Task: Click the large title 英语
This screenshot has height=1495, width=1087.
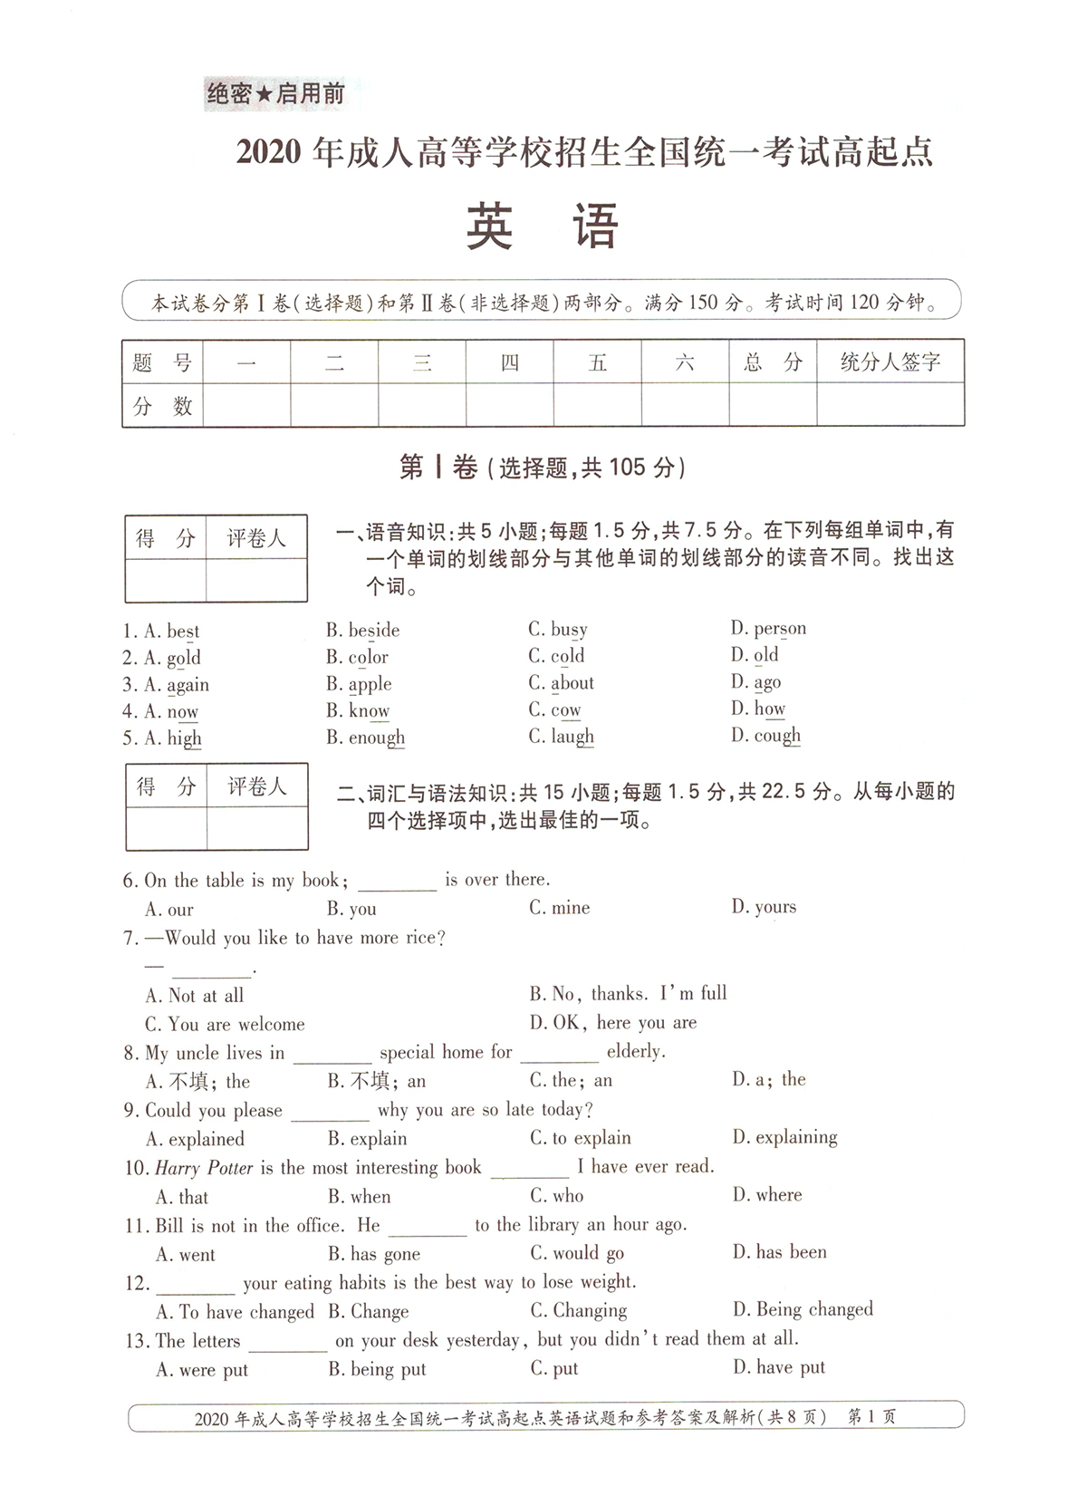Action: (x=542, y=227)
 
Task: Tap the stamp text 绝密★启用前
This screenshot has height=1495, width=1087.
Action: (x=275, y=93)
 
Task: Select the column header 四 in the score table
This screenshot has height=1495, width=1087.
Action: (x=510, y=362)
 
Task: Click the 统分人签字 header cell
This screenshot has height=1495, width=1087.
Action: (x=890, y=362)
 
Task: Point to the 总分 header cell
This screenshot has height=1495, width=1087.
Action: (x=773, y=362)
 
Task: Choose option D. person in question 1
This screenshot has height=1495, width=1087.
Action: (x=768, y=629)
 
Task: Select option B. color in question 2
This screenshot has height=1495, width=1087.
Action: (x=357, y=657)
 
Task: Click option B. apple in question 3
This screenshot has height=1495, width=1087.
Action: (x=359, y=684)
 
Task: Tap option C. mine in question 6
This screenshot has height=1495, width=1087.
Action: (x=559, y=908)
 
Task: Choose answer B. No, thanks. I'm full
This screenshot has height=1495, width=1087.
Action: (x=628, y=994)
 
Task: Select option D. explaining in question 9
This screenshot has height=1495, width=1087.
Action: (x=784, y=1137)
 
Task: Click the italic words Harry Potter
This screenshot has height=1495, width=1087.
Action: (x=204, y=1168)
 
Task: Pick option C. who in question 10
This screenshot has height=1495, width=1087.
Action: (x=557, y=1196)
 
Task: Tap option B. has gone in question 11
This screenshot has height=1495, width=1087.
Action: (x=374, y=1254)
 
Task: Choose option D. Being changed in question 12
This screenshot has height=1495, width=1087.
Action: (x=803, y=1310)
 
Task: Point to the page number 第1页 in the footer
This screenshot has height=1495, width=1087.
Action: (x=871, y=1417)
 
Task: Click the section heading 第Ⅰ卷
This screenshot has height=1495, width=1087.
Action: (x=438, y=468)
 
